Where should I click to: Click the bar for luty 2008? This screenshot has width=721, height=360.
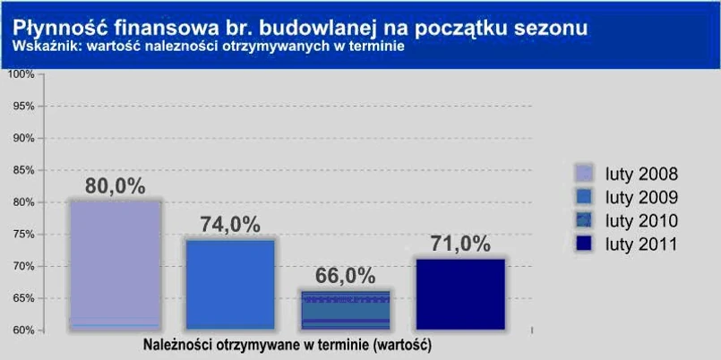coord(116,265)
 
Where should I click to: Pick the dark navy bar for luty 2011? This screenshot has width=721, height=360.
coord(459,295)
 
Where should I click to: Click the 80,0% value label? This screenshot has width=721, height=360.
coord(115,186)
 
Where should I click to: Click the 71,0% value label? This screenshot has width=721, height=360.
coord(459,244)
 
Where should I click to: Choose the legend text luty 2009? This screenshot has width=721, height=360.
coord(641,197)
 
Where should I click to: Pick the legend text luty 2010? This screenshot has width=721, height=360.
coord(641,220)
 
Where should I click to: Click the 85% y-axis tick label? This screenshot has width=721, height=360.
coord(22,170)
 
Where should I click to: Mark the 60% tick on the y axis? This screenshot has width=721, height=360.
coord(22,330)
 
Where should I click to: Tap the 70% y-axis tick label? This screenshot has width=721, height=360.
coord(22,266)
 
